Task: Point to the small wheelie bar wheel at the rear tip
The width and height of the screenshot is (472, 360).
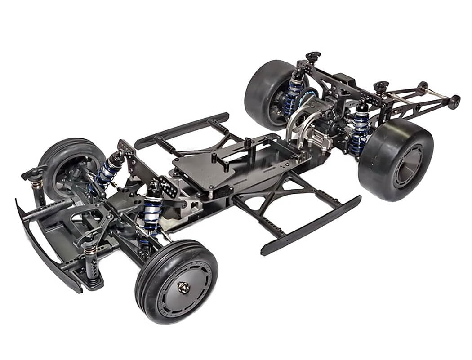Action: pos(454,102)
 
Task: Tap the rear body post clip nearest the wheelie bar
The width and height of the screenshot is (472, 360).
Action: pos(381,86)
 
